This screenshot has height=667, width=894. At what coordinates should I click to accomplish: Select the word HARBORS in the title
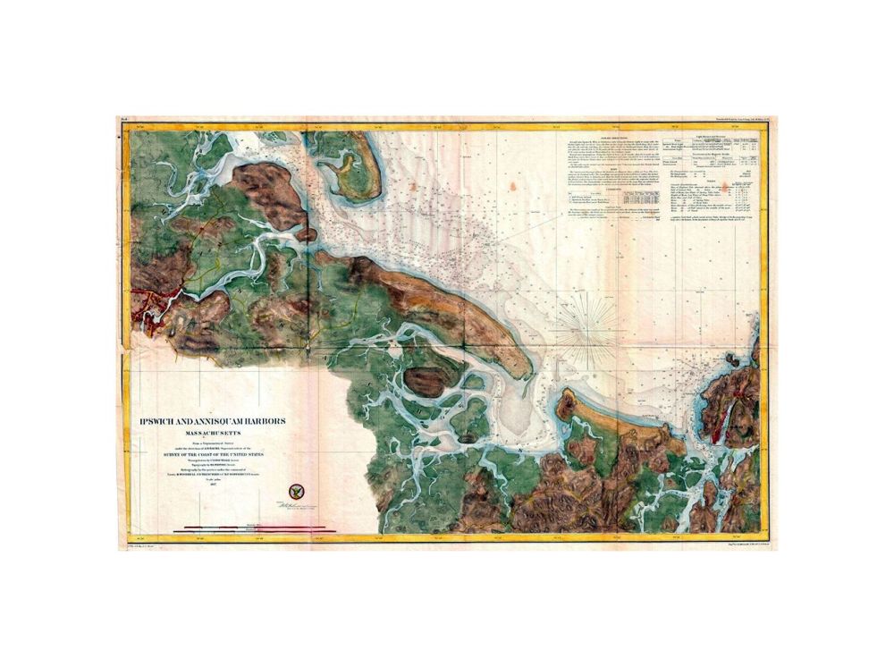[264, 424]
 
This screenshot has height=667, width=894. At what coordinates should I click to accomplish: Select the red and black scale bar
[255, 528]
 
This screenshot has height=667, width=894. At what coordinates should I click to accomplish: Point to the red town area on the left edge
[154, 308]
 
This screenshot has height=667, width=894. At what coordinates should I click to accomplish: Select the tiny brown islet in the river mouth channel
[307, 234]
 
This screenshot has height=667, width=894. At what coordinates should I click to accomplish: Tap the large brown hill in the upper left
[268, 192]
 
